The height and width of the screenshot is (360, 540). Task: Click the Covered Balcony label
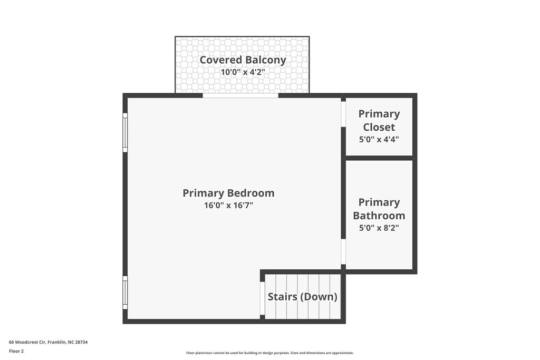[243, 60]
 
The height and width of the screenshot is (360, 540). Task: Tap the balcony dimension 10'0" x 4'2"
[243, 72]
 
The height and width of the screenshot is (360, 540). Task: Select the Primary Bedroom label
[228, 193]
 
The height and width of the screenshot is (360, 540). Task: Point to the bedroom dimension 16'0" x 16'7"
[228, 206]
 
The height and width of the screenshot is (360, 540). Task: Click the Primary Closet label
[379, 120]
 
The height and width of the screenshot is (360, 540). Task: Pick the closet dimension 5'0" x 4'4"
[379, 140]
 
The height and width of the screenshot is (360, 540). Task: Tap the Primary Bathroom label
[379, 209]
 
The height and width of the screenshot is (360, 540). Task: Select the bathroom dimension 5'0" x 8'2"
[379, 228]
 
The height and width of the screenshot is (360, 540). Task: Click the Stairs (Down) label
[302, 297]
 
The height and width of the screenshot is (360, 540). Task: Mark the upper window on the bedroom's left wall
[125, 133]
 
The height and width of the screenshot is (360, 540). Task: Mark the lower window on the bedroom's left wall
[125, 293]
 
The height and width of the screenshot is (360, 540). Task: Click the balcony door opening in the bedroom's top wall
[240, 95]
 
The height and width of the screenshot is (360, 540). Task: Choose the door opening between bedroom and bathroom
[343, 252]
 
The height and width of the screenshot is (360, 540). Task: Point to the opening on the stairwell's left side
[262, 298]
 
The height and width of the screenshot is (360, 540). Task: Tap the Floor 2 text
[16, 351]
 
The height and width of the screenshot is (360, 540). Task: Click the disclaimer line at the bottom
[269, 353]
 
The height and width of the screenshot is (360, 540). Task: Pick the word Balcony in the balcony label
[266, 60]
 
